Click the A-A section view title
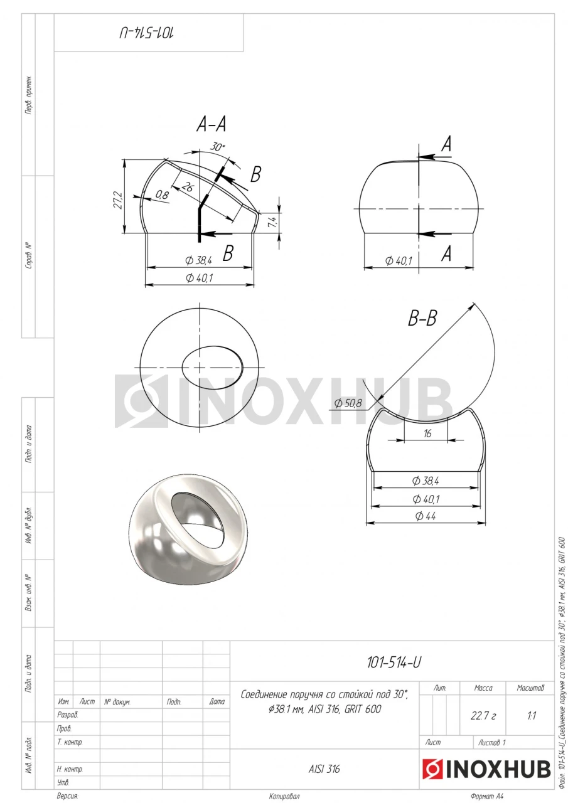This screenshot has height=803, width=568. pyautogui.click(x=212, y=125)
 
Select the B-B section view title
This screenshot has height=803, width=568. pyautogui.click(x=422, y=317)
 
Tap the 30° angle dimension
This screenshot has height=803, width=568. pyautogui.click(x=217, y=147)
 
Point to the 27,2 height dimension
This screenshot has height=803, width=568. pyautogui.click(x=119, y=200)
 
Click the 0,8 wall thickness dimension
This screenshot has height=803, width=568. pyautogui.click(x=162, y=195)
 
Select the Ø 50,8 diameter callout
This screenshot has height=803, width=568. pyautogui.click(x=348, y=403)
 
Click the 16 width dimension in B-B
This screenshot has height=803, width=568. pyautogui.click(x=427, y=433)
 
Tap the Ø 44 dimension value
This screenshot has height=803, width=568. pyautogui.click(x=426, y=516)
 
